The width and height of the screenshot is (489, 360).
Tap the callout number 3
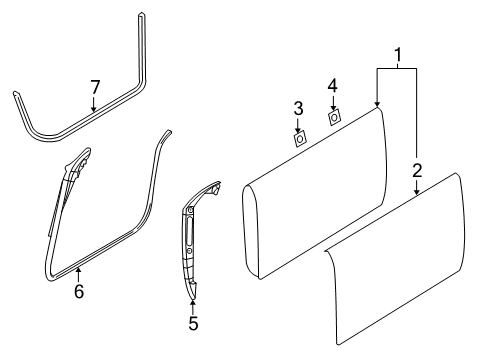pos(298,108)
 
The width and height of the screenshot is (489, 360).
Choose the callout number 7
pos(95,87)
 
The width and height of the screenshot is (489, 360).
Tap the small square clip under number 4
pos(335,119)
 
